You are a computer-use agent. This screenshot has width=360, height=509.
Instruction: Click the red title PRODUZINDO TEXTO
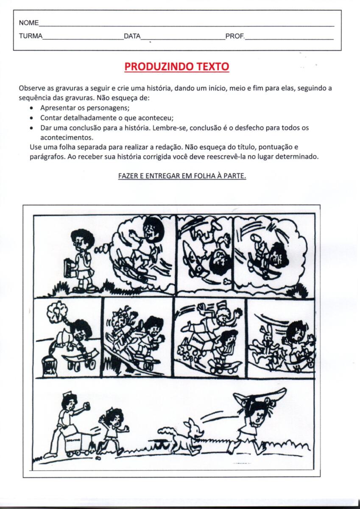point(177,67)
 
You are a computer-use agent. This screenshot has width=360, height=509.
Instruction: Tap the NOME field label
point(28,23)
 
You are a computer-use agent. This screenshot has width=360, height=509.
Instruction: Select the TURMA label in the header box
point(31,36)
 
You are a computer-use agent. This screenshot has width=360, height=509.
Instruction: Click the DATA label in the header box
point(132,36)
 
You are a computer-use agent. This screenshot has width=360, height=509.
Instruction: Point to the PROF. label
point(235,36)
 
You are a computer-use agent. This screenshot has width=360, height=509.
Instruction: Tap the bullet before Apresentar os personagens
point(32,108)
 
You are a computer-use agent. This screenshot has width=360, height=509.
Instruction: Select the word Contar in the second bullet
point(50,118)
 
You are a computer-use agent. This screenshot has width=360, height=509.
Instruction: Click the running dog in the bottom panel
point(182,437)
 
